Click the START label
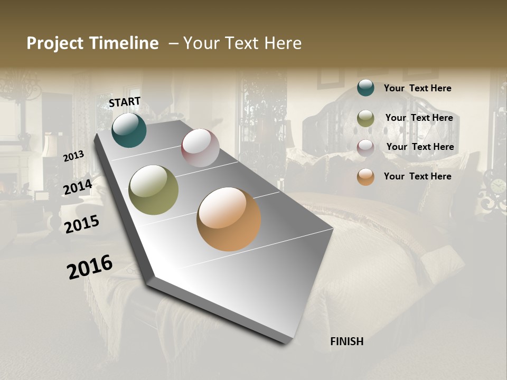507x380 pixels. [125, 102]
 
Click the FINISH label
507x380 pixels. [347, 341]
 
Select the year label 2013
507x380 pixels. [73, 156]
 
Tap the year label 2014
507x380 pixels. [78, 187]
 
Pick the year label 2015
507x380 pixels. [82, 224]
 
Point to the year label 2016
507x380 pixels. [90, 267]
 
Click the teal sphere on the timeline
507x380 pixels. [129, 130]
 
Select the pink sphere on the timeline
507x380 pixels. [200, 148]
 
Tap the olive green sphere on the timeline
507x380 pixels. [154, 190]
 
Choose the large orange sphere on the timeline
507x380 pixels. [229, 219]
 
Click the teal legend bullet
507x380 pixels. [365, 88]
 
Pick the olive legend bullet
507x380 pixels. [365, 118]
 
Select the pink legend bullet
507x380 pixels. [365, 147]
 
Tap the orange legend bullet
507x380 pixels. [365, 177]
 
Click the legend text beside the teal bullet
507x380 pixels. [417, 88]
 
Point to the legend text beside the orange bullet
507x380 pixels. [417, 176]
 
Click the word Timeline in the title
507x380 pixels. [125, 43]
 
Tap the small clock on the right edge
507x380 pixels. [497, 186]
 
